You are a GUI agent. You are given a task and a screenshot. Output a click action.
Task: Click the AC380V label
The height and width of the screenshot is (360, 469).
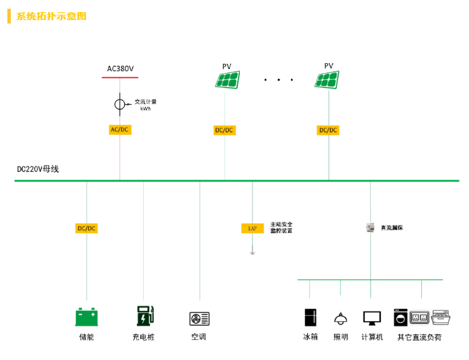click(x=120, y=69)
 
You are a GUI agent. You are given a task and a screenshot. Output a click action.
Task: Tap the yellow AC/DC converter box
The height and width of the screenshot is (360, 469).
click(x=120, y=130)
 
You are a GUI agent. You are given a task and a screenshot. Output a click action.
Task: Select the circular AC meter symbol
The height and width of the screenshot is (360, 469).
click(x=119, y=104)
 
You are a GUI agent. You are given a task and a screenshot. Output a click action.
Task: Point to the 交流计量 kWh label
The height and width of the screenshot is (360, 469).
click(x=145, y=105)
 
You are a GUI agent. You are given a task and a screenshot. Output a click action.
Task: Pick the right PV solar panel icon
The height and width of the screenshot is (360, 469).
click(x=328, y=80)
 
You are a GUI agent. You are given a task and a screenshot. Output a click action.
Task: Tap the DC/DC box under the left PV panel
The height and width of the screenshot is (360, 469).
click(x=224, y=130)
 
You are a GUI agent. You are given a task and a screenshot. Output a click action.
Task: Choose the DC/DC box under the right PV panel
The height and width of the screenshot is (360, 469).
click(x=328, y=130)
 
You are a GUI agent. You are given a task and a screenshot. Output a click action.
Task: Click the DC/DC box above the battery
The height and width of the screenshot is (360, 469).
click(x=86, y=228)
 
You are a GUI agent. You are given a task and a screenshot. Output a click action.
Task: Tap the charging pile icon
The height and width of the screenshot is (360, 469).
click(x=144, y=316)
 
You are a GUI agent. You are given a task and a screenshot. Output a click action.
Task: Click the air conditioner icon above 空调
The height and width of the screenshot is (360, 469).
click(x=200, y=318)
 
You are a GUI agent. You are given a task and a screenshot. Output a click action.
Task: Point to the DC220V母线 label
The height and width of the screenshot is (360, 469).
click(x=38, y=169)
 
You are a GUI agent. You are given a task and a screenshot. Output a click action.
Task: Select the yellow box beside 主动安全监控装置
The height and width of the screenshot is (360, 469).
click(x=253, y=228)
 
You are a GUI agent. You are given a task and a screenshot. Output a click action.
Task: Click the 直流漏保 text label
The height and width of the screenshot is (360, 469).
click(x=392, y=228)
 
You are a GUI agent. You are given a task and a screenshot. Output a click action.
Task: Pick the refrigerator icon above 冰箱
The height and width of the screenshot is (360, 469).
click(x=310, y=317)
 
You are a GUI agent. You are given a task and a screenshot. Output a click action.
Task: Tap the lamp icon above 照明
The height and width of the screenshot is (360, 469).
click(x=341, y=318)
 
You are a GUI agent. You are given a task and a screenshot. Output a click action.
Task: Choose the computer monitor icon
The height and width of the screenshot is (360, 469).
click(x=372, y=318)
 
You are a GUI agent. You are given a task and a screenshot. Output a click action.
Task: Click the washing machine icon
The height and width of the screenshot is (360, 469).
click(x=400, y=317)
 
